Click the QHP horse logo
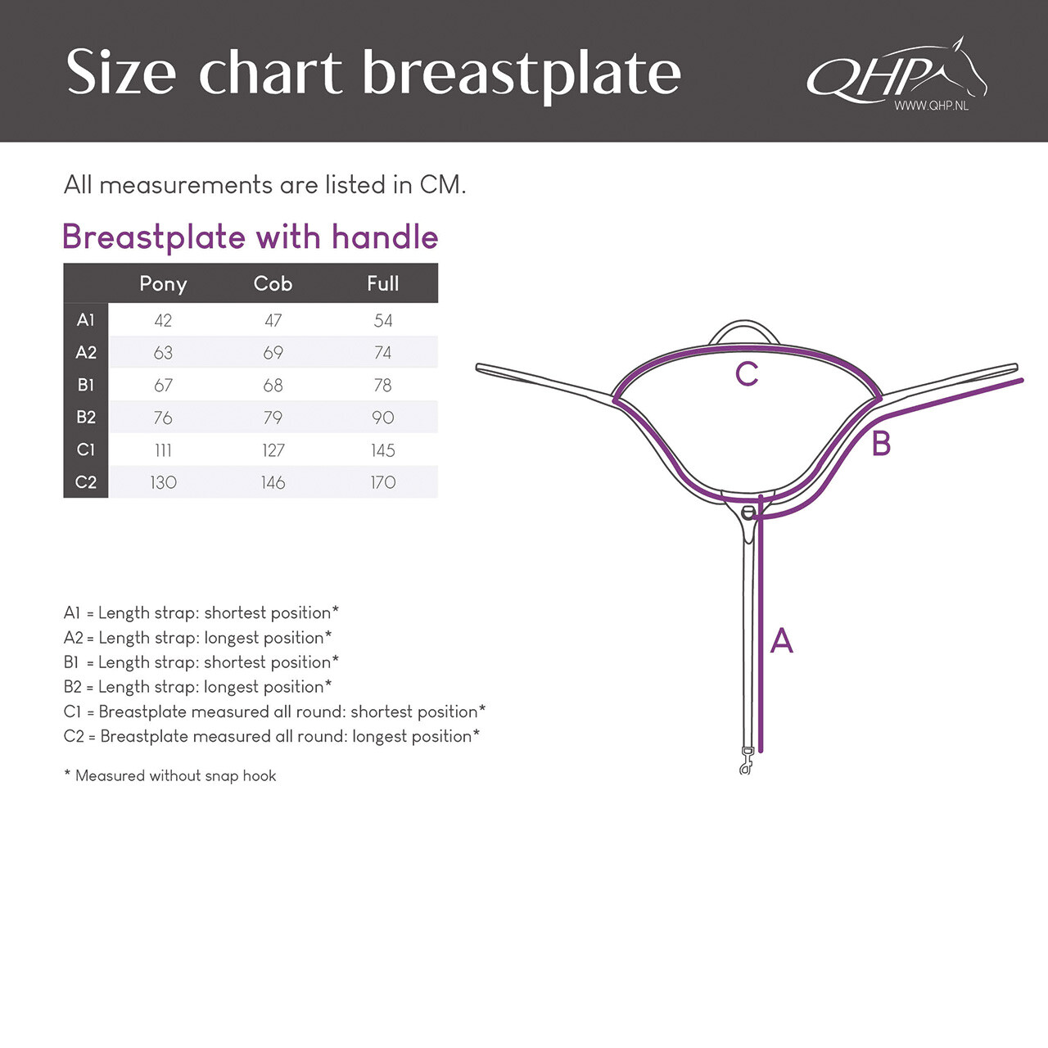tap(897, 74)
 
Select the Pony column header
tap(163, 283)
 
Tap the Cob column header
tap(273, 283)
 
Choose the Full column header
tap(382, 283)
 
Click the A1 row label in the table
tap(86, 320)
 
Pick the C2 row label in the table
tap(86, 482)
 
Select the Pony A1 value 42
tap(163, 320)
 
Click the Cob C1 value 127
tap(273, 450)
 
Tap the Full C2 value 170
tap(382, 482)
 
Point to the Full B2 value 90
tap(382, 418)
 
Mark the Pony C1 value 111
tap(163, 450)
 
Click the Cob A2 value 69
tap(273, 353)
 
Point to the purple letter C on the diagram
tap(747, 374)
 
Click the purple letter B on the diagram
tap(881, 444)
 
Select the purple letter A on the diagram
tap(782, 640)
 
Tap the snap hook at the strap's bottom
tap(746, 762)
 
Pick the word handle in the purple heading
tap(385, 237)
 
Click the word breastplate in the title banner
tap(522, 74)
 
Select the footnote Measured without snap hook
tap(175, 775)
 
